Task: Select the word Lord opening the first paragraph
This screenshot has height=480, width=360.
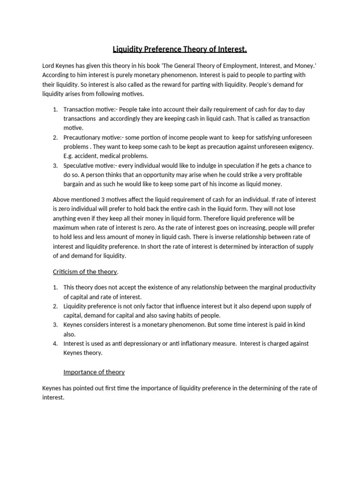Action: tap(49, 66)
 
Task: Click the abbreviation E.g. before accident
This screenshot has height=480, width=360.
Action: tap(69, 156)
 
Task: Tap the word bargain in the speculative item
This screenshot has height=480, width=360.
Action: tap(75, 184)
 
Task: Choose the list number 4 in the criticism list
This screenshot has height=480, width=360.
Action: tap(55, 344)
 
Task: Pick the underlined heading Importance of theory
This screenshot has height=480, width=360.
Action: tap(94, 372)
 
